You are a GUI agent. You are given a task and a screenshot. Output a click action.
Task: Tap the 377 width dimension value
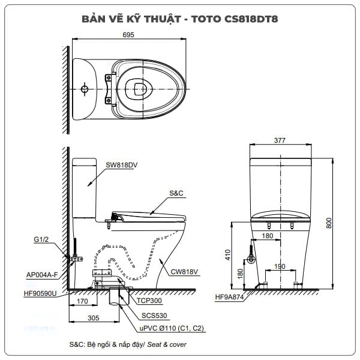click(280, 140)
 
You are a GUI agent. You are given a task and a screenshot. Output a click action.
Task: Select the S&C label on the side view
click(176, 194)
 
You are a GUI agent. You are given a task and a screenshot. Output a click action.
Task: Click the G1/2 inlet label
click(41, 239)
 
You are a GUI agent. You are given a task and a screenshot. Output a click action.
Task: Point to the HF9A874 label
click(230, 297)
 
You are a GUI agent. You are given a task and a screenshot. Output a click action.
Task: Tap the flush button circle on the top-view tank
click(85, 89)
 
